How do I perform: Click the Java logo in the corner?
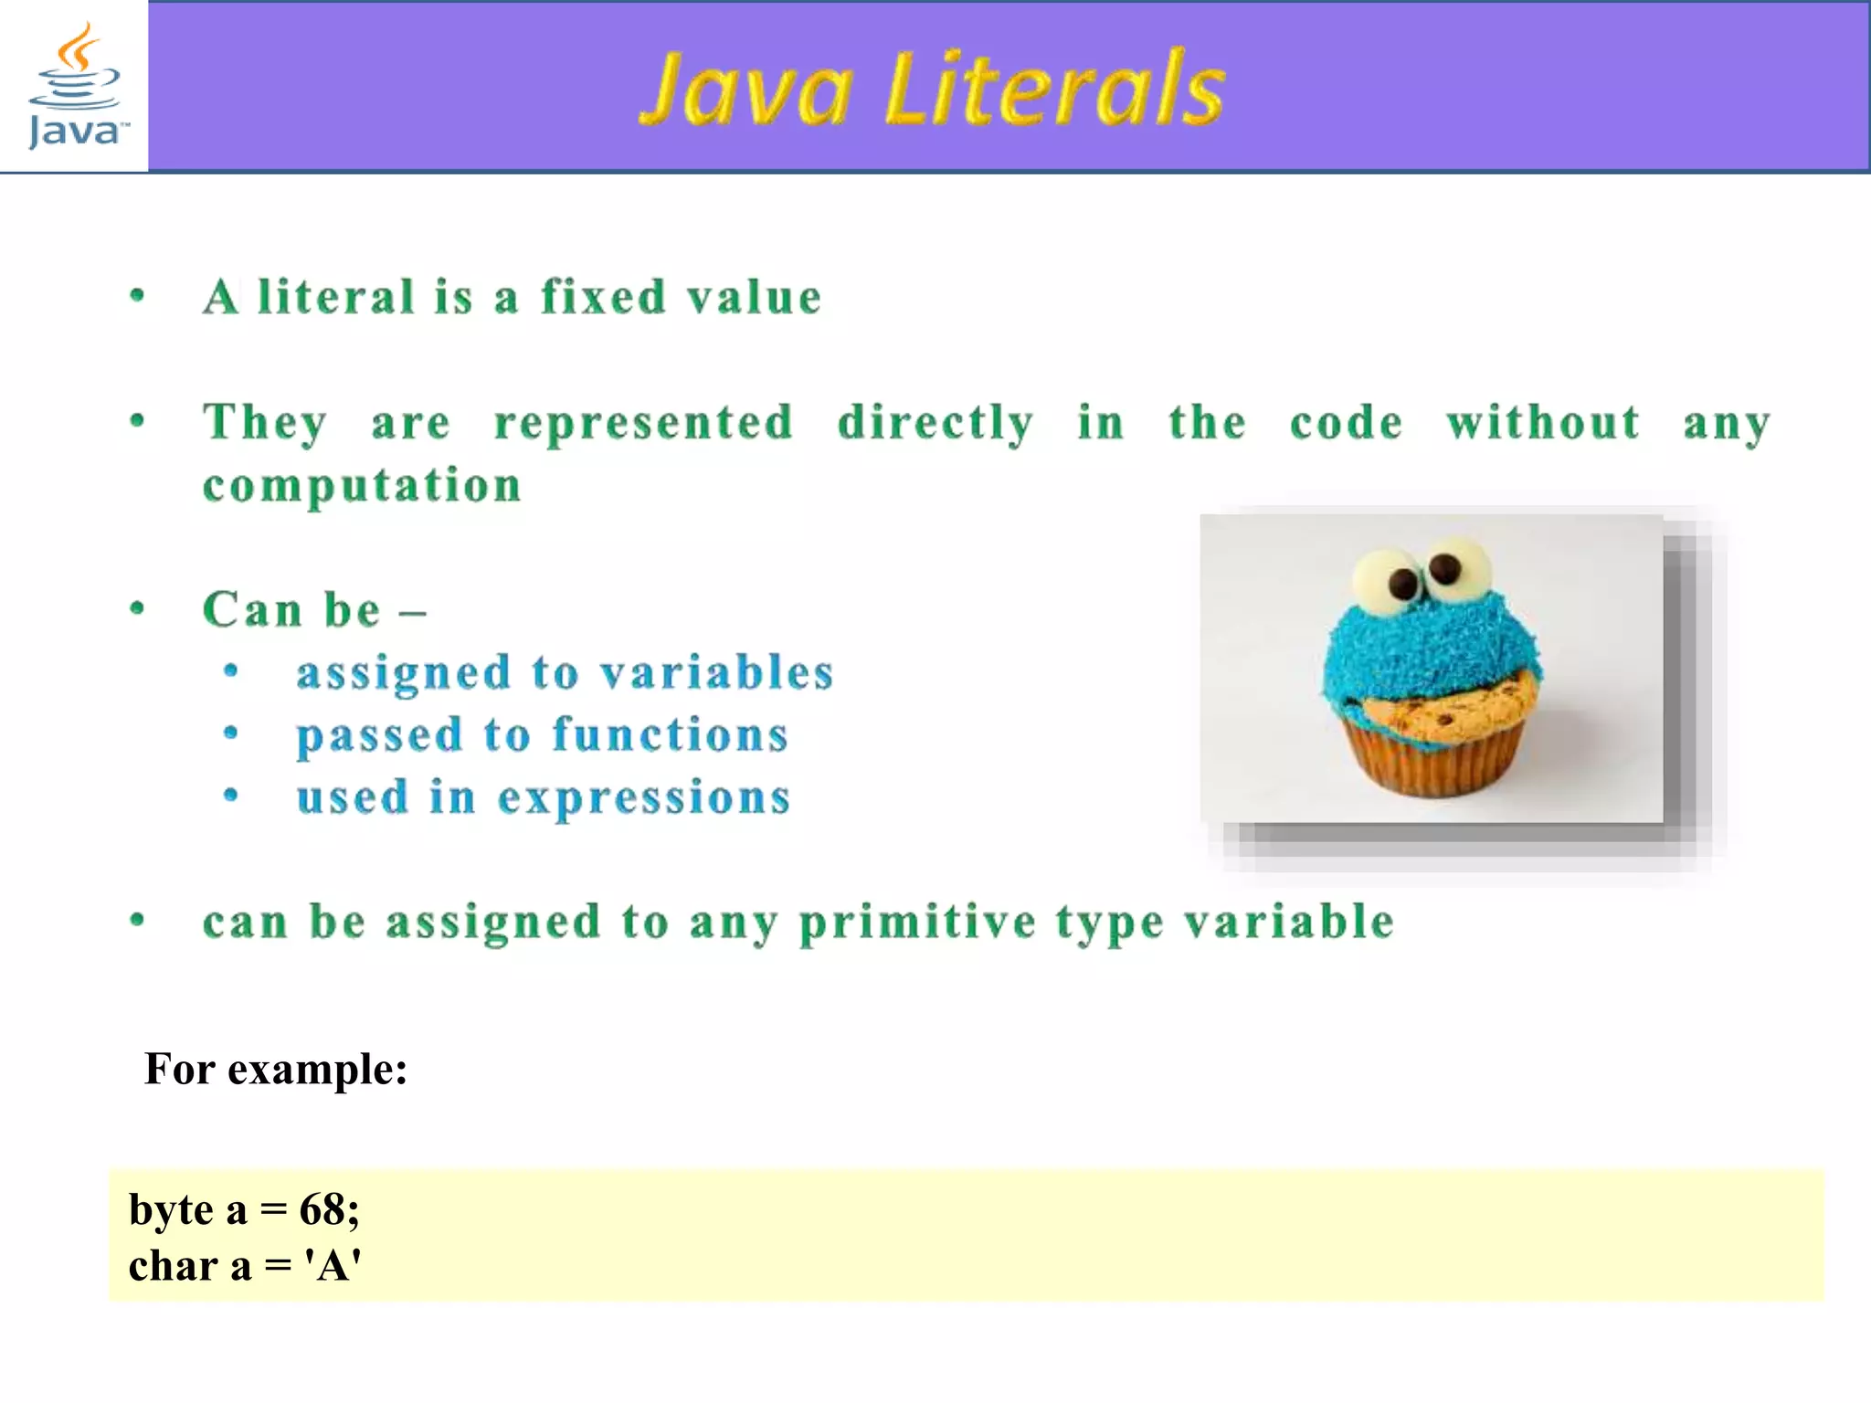tap(75, 87)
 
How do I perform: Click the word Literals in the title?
tap(1055, 89)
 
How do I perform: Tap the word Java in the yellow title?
tap(746, 89)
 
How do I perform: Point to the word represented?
tap(643, 423)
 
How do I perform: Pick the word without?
tap(1543, 423)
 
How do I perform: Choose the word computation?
tap(362, 486)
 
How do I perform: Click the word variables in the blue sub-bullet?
tap(717, 673)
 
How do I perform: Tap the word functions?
tap(671, 735)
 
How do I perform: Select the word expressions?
tap(644, 798)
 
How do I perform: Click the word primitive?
tap(917, 923)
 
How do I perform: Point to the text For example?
tap(276, 1069)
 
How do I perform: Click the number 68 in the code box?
tap(322, 1210)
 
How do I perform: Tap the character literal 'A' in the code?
tap(333, 1267)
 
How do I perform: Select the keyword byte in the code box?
tap(171, 1210)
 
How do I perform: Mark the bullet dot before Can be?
tap(138, 608)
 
